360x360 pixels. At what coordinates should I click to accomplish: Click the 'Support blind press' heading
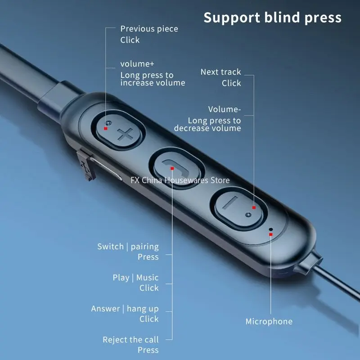point(272,18)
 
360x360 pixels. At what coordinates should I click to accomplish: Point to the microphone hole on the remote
point(270,229)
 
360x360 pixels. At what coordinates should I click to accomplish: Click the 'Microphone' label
point(269,321)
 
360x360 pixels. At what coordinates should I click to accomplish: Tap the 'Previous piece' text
point(149,29)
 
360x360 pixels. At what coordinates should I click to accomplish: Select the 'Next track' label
point(220,72)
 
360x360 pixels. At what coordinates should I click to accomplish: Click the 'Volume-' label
point(224,109)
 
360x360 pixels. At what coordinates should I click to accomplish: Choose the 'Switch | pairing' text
point(128,247)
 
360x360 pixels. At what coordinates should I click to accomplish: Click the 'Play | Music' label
point(135,278)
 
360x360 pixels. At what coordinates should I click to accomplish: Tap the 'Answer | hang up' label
point(125,309)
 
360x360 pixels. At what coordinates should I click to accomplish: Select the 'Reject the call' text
point(130,340)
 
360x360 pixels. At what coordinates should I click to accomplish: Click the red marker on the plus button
point(105,128)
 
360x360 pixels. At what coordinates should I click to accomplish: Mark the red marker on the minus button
point(254,207)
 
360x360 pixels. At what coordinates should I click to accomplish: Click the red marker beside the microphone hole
point(270,234)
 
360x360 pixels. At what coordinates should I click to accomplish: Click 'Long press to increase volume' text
point(153,79)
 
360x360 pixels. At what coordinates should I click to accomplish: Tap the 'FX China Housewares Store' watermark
point(180,180)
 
